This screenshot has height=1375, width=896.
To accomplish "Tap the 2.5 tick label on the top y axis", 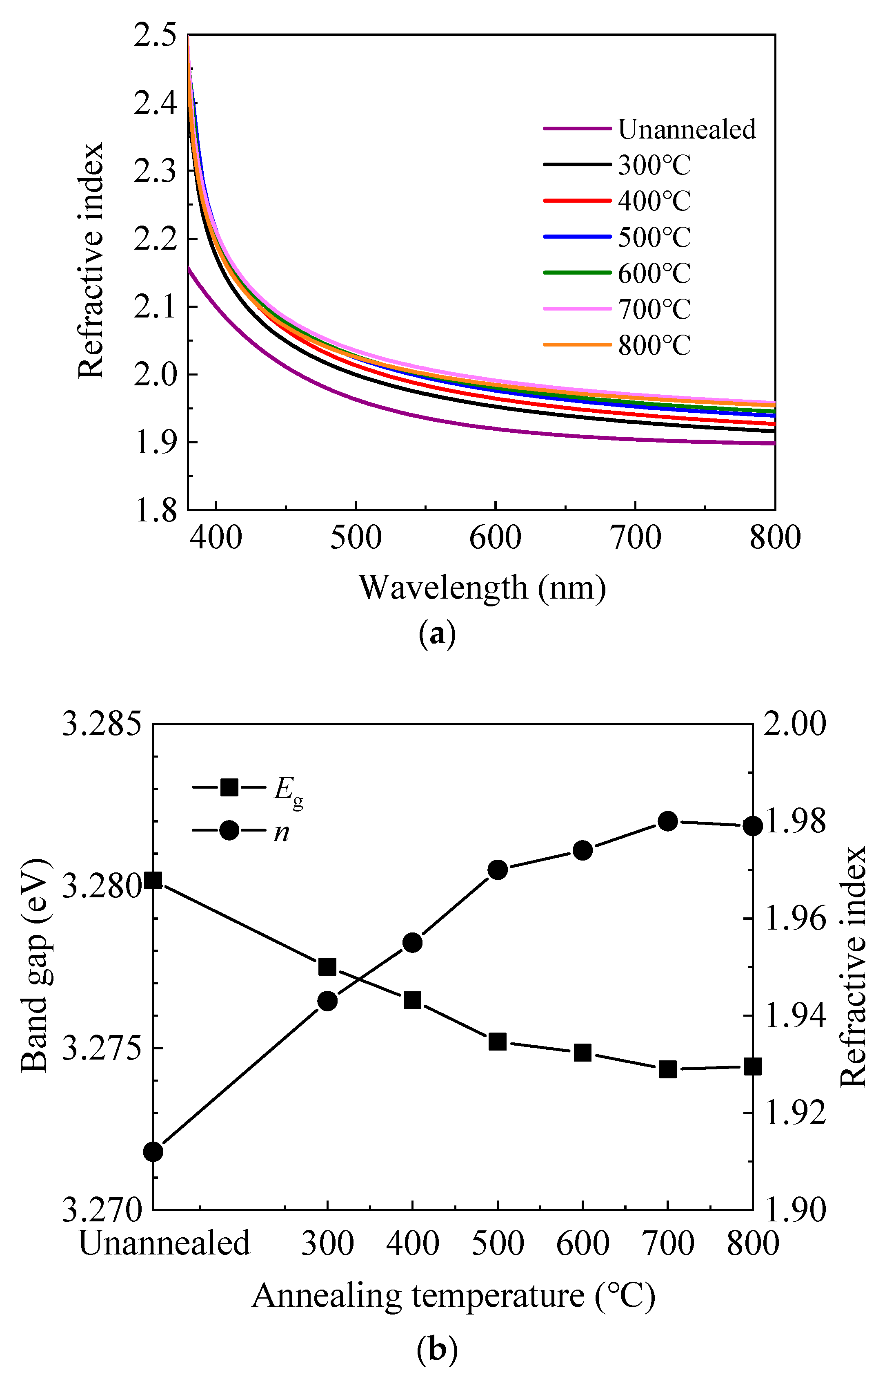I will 155,36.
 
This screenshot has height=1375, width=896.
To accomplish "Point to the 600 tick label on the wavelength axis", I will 495,537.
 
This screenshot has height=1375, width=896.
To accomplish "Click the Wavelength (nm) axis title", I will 482,588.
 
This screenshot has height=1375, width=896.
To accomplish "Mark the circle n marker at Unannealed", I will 153,1151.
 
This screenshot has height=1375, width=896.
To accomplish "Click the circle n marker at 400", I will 412,943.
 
